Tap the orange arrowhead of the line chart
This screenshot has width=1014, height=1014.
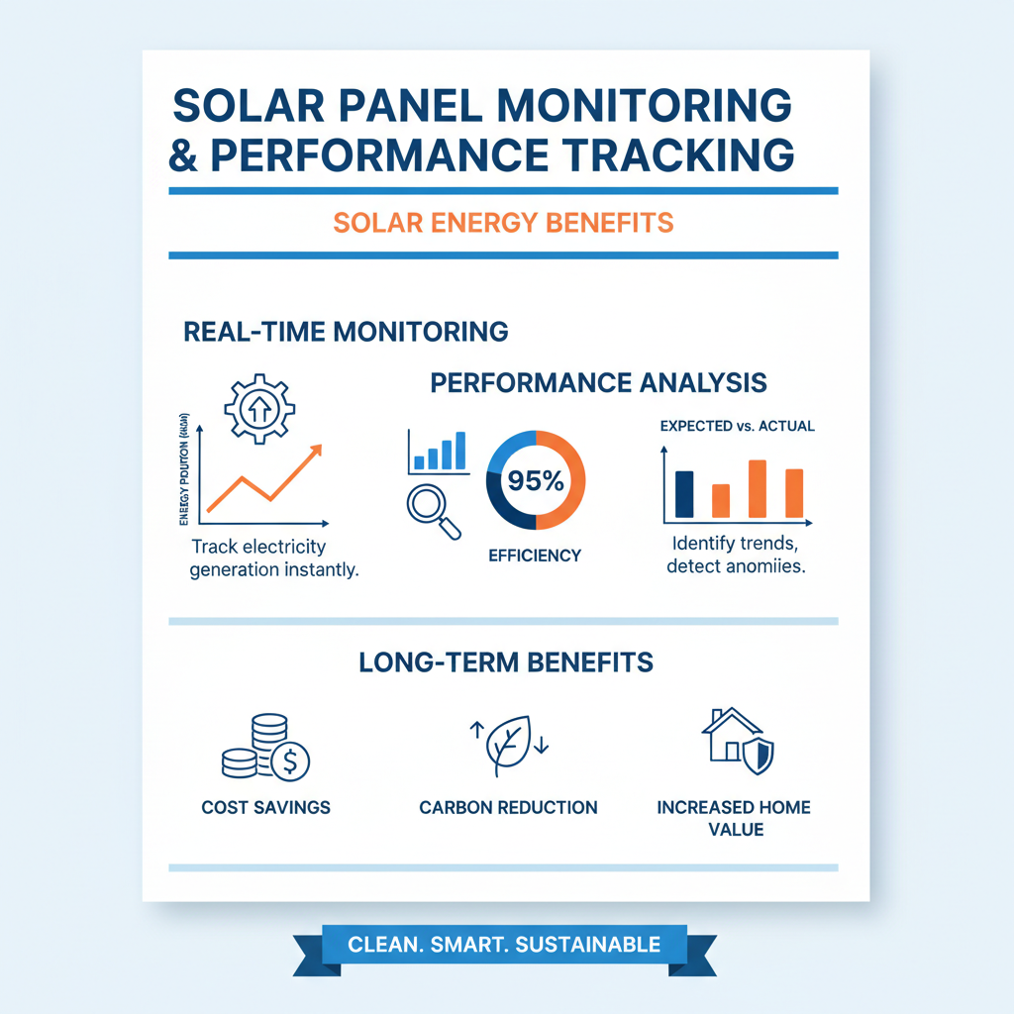[x=316, y=452]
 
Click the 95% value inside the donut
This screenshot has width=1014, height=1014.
[x=536, y=481]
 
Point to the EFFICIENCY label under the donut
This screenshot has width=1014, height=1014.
[x=535, y=556]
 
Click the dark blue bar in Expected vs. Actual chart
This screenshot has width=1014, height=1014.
[x=684, y=494]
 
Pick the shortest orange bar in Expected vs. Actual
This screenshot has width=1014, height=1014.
[x=721, y=500]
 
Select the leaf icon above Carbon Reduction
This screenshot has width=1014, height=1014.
[x=508, y=745]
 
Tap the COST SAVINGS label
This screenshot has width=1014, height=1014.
[x=265, y=807]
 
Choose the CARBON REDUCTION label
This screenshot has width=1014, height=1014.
[x=508, y=807]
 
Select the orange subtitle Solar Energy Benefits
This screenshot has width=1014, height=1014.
[x=503, y=221]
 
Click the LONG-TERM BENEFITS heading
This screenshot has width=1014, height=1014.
[x=506, y=661]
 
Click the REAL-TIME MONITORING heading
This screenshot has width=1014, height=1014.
[x=347, y=332]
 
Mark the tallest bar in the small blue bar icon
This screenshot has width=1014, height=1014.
[x=459, y=451]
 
